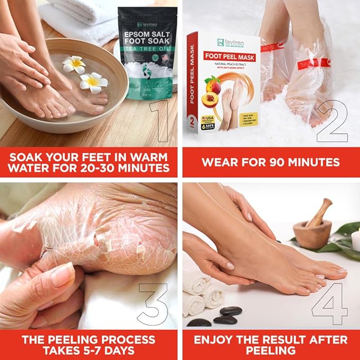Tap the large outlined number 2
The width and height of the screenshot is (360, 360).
(331, 120)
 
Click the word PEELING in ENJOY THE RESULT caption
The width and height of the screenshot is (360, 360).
(270, 350)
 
